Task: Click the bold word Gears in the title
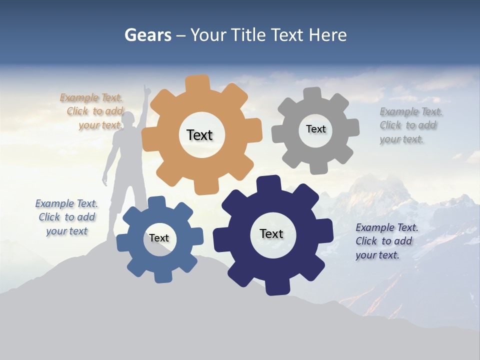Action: pos(148,35)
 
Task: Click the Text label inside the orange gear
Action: pos(199,135)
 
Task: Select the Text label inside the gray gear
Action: pos(315,129)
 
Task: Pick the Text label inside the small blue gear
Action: pos(159,238)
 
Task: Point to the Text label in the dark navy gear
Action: pos(271,233)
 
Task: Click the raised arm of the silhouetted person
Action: pos(145,100)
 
